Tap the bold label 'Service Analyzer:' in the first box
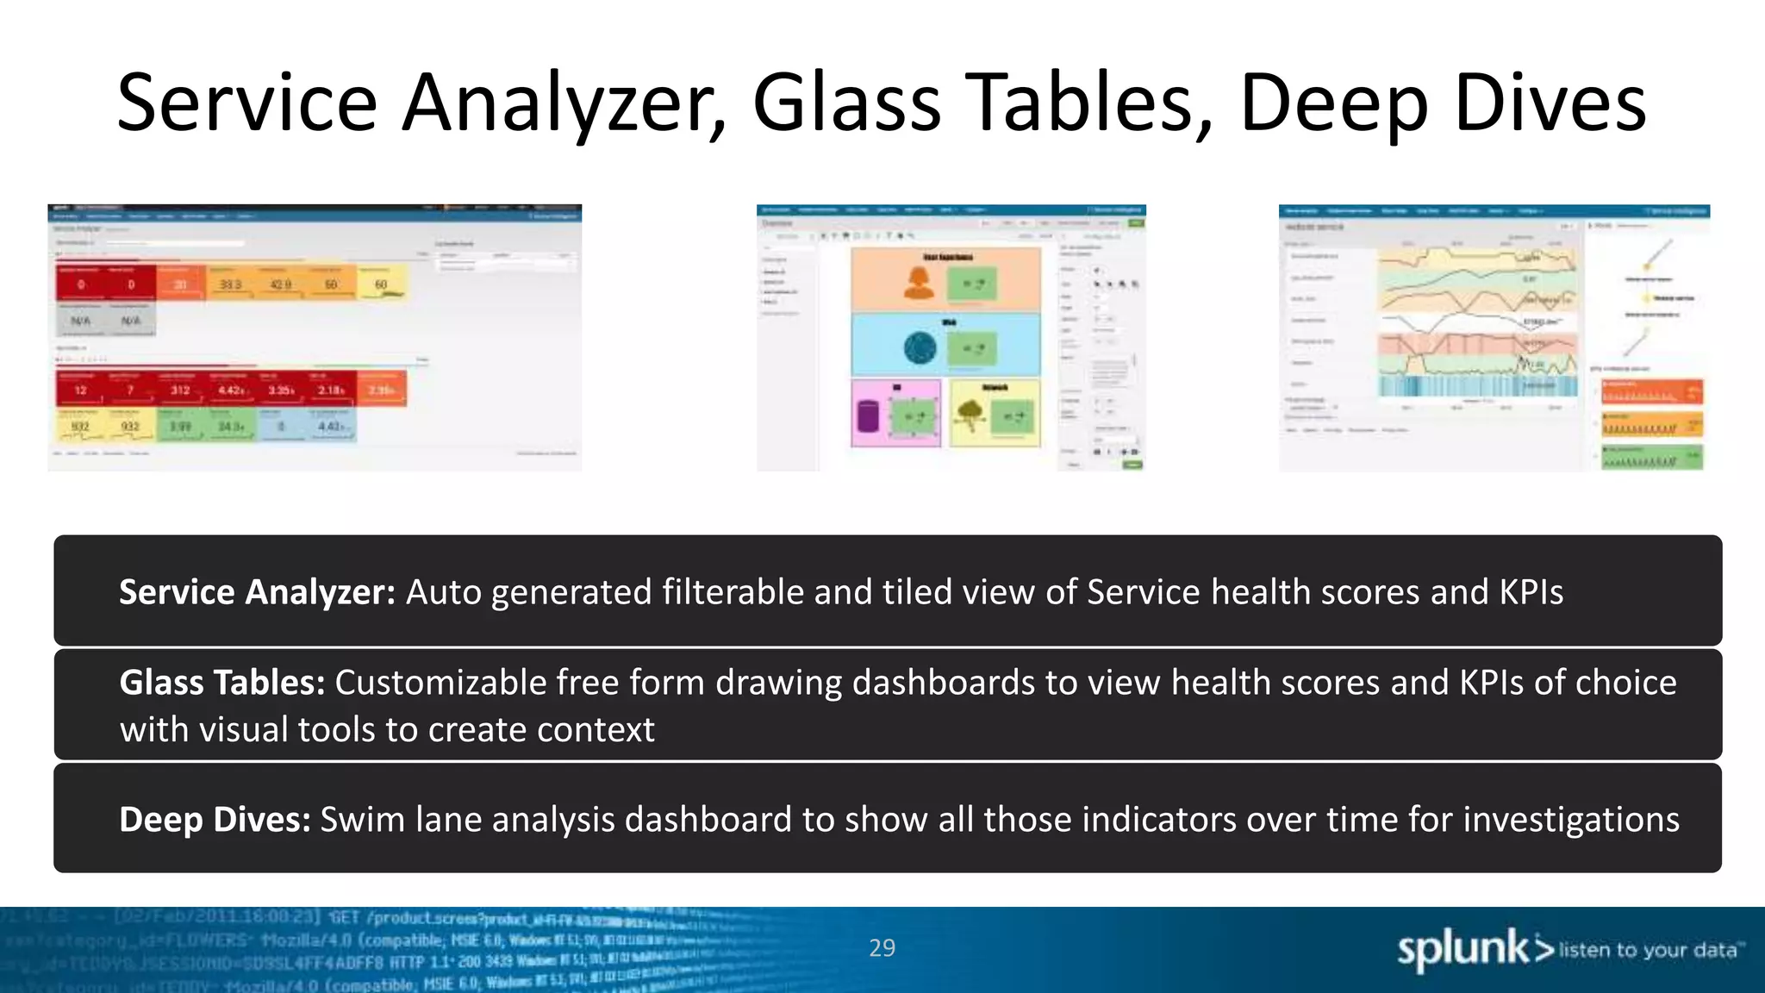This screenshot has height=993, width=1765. tap(257, 592)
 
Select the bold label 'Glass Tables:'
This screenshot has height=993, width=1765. tap(221, 682)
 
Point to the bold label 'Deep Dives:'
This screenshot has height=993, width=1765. tap(215, 819)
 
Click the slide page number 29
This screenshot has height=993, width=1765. tap(882, 948)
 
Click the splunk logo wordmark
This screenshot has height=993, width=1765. tap(1463, 949)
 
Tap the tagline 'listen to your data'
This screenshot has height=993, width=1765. tap(1647, 950)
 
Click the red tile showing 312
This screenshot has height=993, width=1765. tap(180, 390)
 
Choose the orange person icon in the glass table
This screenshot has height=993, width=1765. tap(919, 283)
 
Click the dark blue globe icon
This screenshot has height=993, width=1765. tap(920, 348)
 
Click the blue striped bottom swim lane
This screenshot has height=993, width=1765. tap(1477, 385)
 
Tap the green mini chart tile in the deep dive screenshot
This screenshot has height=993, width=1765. tap(1652, 457)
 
